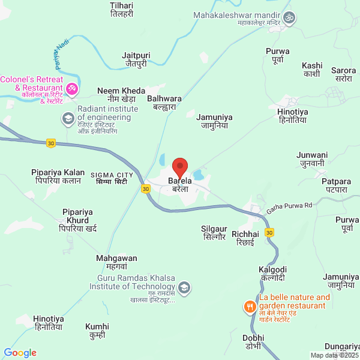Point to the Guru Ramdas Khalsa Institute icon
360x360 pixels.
point(185,287)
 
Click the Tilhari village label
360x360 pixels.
point(122,10)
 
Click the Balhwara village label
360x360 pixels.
point(164,103)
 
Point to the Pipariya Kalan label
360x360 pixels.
point(58,176)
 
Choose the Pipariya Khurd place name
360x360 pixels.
point(78,220)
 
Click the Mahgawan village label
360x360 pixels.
point(116,262)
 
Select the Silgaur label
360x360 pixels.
point(214,233)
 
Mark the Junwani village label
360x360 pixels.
point(312,158)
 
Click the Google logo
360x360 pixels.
point(20,353)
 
